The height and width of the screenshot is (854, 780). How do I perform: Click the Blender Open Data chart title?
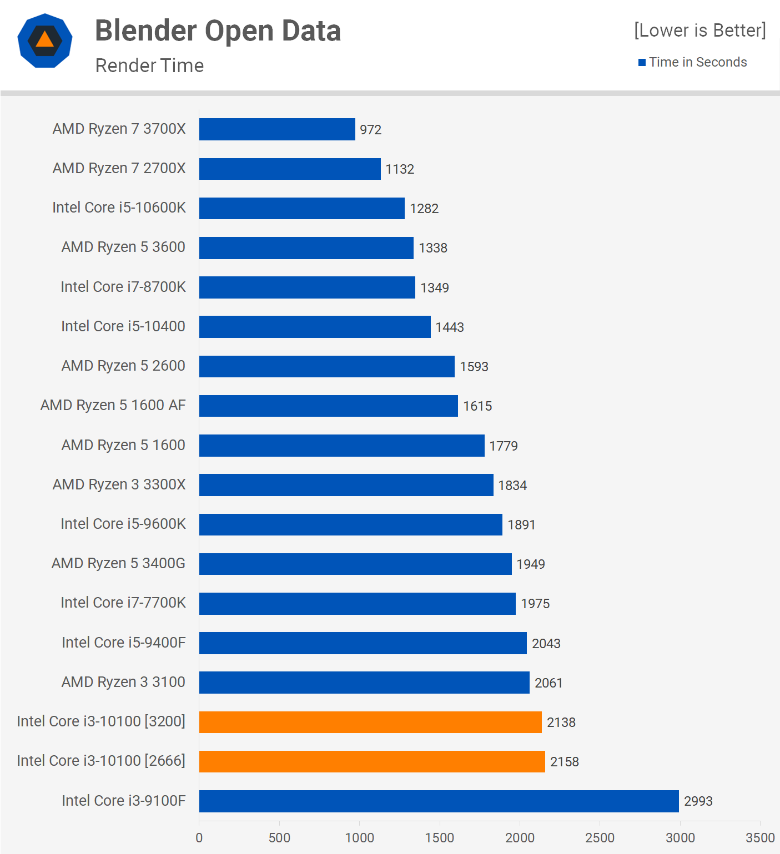(218, 31)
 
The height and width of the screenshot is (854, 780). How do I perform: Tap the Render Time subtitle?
(149, 65)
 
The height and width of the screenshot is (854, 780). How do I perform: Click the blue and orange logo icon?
(45, 41)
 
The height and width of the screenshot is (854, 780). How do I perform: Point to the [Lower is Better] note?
(700, 30)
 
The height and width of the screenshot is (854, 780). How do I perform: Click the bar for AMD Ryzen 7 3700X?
(277, 129)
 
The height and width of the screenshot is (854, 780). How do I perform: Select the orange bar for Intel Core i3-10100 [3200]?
(370, 722)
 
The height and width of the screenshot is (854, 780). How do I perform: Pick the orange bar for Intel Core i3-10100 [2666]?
(372, 761)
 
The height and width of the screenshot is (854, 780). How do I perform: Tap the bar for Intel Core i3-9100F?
(439, 801)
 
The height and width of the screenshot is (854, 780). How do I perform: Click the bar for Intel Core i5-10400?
(315, 327)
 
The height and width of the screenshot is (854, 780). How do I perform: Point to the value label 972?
(370, 130)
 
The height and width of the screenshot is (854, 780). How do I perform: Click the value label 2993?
(698, 801)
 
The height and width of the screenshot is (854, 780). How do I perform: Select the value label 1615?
(477, 406)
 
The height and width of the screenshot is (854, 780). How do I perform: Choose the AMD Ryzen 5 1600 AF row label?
(113, 405)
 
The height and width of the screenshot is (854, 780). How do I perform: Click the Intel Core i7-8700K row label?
(123, 287)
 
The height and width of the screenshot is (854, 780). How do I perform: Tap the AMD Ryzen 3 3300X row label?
(119, 484)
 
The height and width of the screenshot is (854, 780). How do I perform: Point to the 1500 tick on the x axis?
(440, 837)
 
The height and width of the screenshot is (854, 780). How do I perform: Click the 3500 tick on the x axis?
(759, 837)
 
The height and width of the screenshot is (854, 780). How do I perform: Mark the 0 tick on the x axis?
(199, 837)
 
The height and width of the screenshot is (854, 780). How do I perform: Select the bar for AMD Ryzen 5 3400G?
(355, 564)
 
